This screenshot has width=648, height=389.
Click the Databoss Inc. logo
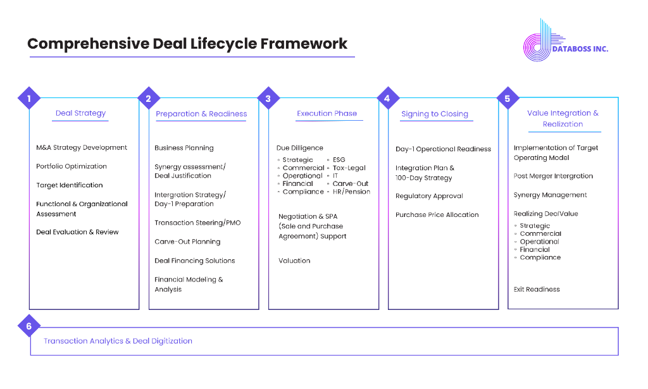[x=565, y=40]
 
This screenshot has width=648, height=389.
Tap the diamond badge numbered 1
[x=29, y=98]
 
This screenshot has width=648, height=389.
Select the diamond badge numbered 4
[x=388, y=98]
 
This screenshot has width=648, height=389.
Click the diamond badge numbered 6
[x=29, y=326]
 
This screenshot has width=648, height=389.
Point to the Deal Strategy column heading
[x=80, y=113]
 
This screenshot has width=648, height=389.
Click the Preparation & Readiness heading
[x=201, y=114]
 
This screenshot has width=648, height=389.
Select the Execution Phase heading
[x=327, y=113]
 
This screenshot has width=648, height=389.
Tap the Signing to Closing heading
[x=435, y=114]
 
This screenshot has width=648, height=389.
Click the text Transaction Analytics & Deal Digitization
[x=118, y=341]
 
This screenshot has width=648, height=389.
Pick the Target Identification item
[x=70, y=185]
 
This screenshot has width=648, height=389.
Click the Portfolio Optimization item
[x=72, y=166]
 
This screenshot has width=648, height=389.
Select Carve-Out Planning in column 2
[x=187, y=242]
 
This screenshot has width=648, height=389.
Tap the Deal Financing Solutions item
[x=195, y=261]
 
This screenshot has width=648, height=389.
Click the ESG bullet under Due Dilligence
[x=339, y=160]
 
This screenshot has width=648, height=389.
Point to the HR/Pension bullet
[x=351, y=192]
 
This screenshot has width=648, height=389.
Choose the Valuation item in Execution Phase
[x=294, y=261]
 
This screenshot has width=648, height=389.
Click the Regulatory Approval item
[x=429, y=196]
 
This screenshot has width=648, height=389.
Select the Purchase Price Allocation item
[x=437, y=214]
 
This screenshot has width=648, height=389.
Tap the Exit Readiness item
[x=537, y=290]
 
